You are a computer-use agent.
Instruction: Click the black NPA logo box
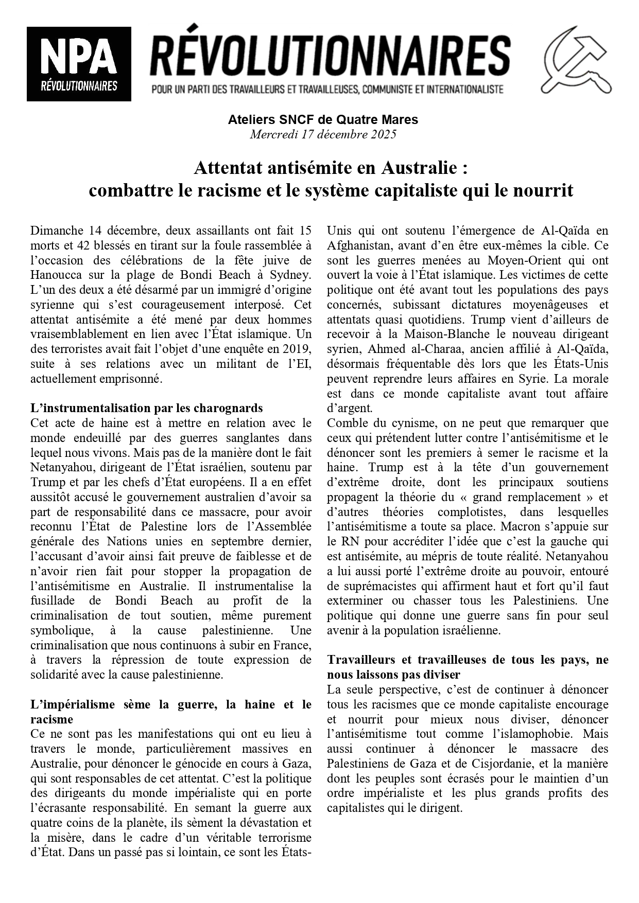click(79, 64)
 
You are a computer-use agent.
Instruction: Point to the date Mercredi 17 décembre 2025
click(323, 135)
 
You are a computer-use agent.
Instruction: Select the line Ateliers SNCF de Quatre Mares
click(323, 120)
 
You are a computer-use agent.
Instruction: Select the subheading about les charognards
click(147, 409)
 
